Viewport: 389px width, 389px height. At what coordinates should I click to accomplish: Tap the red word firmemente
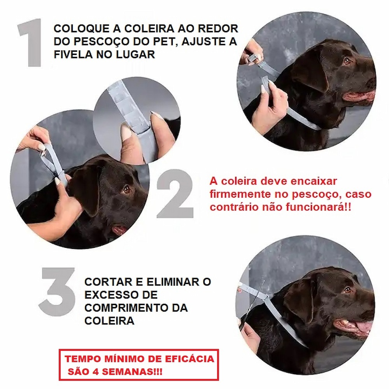(x=240, y=194)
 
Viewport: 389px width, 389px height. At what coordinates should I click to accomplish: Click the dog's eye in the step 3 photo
(x=348, y=289)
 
